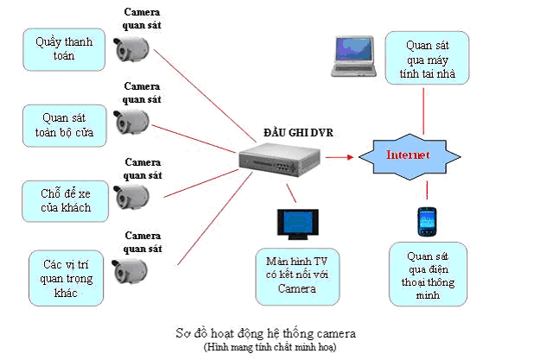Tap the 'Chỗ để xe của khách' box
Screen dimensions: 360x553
[x=58, y=199]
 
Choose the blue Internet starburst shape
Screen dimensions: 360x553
[x=406, y=156]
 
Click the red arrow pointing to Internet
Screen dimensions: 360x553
[x=342, y=157]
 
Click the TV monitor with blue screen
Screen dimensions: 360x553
[x=294, y=223]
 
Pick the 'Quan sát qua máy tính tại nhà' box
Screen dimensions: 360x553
[x=426, y=59]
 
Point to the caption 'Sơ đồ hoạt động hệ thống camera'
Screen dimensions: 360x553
[x=263, y=332]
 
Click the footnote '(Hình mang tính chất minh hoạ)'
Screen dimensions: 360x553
[x=264, y=346]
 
